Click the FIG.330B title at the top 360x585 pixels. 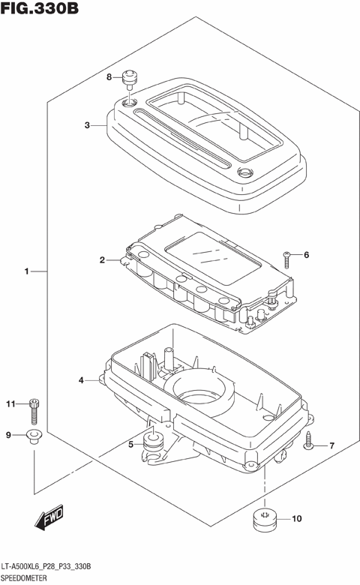(x=39, y=8)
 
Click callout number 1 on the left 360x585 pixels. (x=26, y=271)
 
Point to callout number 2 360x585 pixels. (x=102, y=259)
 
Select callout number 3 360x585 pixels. (x=87, y=125)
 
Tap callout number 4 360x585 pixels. (x=81, y=380)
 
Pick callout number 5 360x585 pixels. (x=130, y=444)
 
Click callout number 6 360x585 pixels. (x=306, y=255)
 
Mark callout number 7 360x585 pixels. (x=331, y=445)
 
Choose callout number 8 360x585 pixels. (x=109, y=76)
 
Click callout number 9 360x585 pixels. (x=8, y=435)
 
